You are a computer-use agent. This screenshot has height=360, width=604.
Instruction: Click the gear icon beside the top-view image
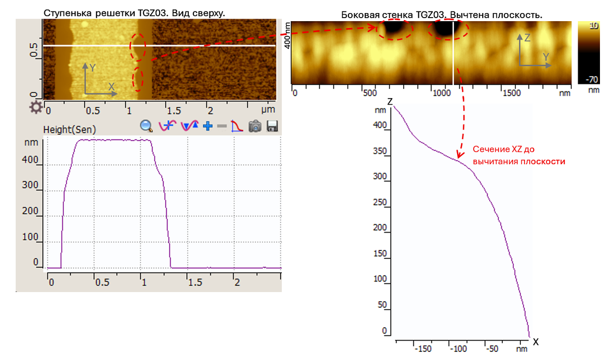coord(36,107)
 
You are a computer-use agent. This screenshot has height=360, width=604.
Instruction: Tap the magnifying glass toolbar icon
coord(146,126)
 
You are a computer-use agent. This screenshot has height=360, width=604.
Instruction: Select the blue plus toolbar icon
coord(207,126)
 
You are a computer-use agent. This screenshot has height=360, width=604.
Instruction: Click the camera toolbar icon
coord(255,126)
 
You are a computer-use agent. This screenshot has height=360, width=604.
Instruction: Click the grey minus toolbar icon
coord(222,126)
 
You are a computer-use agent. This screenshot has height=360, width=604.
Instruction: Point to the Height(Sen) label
coord(69,130)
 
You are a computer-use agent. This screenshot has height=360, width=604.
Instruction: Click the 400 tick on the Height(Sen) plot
coord(30,160)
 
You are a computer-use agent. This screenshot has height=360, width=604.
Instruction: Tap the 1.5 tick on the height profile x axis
coord(195,282)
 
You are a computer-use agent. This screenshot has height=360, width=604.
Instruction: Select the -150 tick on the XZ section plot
coord(423,349)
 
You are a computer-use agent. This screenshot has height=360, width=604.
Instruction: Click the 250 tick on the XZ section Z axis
coord(380,202)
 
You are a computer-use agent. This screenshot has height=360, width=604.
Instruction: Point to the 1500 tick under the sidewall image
coord(511,93)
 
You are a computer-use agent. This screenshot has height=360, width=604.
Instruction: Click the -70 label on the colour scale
coord(592,80)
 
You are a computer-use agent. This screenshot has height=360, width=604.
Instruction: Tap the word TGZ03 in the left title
coord(153,13)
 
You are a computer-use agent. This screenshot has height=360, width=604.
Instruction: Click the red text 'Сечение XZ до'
coord(503,149)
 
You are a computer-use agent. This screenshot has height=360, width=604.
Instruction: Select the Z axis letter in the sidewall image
coord(527,38)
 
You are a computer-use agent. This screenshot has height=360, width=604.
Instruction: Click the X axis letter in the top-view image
coord(111,87)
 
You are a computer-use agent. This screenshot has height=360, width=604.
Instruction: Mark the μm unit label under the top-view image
coord(268,109)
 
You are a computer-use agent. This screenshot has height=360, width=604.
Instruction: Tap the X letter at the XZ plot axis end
coord(536,342)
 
